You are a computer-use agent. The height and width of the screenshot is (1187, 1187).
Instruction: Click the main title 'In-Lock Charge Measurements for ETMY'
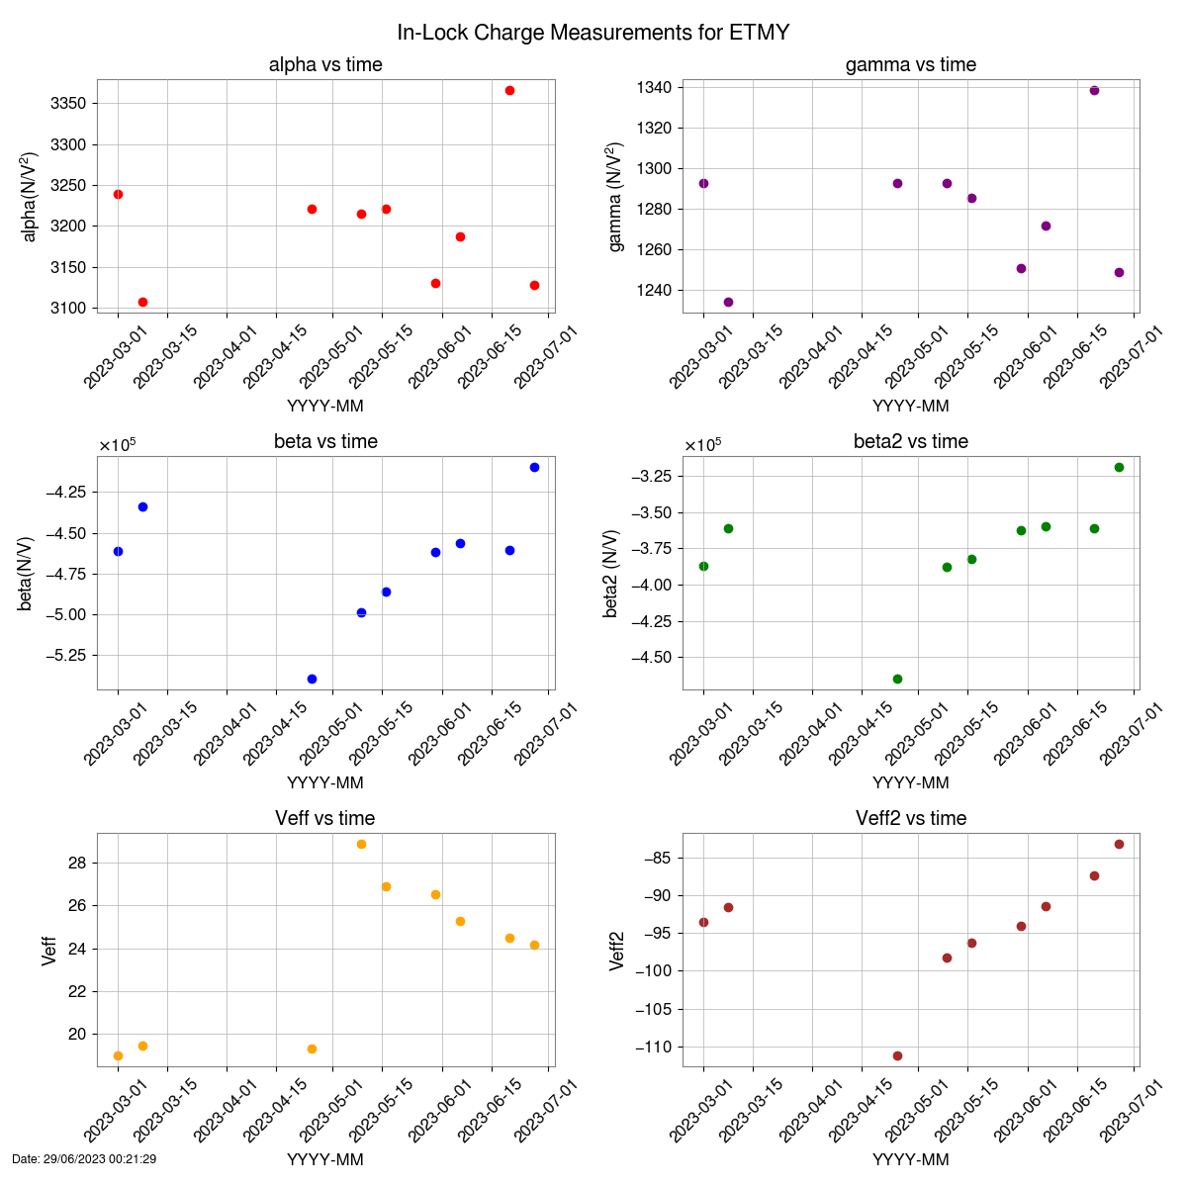(593, 32)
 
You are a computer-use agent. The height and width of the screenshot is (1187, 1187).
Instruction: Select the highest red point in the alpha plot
(509, 90)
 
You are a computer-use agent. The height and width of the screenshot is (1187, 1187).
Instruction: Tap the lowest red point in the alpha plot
(142, 302)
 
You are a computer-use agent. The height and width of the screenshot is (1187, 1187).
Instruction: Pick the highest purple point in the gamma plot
(1094, 90)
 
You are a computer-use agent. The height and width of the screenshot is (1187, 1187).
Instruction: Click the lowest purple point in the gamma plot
(728, 302)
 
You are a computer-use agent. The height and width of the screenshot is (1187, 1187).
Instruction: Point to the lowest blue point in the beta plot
(312, 679)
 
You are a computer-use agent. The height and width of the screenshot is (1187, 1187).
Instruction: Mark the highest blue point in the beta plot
(534, 467)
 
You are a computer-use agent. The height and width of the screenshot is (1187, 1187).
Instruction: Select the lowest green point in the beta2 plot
(897, 679)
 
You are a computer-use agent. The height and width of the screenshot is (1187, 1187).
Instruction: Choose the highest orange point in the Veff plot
(361, 844)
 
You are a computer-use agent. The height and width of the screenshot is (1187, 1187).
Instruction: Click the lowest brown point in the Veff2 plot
(897, 1055)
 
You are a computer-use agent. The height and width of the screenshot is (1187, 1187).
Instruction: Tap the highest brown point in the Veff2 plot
(1119, 844)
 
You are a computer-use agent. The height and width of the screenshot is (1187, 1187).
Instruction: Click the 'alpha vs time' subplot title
(325, 65)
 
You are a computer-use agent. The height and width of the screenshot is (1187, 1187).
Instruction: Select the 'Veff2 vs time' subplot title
(911, 819)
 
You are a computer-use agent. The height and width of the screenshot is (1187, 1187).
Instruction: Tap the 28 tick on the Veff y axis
(78, 864)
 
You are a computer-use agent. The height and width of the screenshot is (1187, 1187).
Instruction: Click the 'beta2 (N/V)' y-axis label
(612, 573)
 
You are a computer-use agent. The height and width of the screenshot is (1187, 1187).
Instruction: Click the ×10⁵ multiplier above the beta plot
(117, 445)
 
